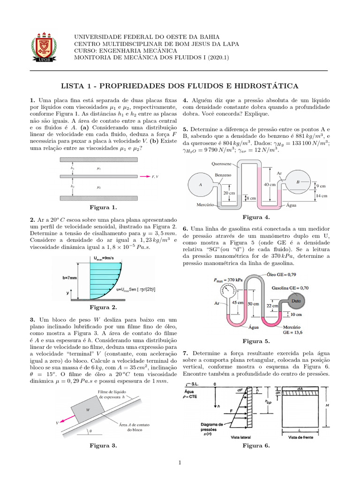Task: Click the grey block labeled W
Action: [x=89, y=408]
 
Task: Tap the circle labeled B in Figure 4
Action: [x=298, y=181]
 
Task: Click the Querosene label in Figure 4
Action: [x=221, y=164]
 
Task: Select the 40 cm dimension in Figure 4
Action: [x=270, y=184]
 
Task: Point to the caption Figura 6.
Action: [x=256, y=446]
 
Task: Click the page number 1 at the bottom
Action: [x=180, y=464]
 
